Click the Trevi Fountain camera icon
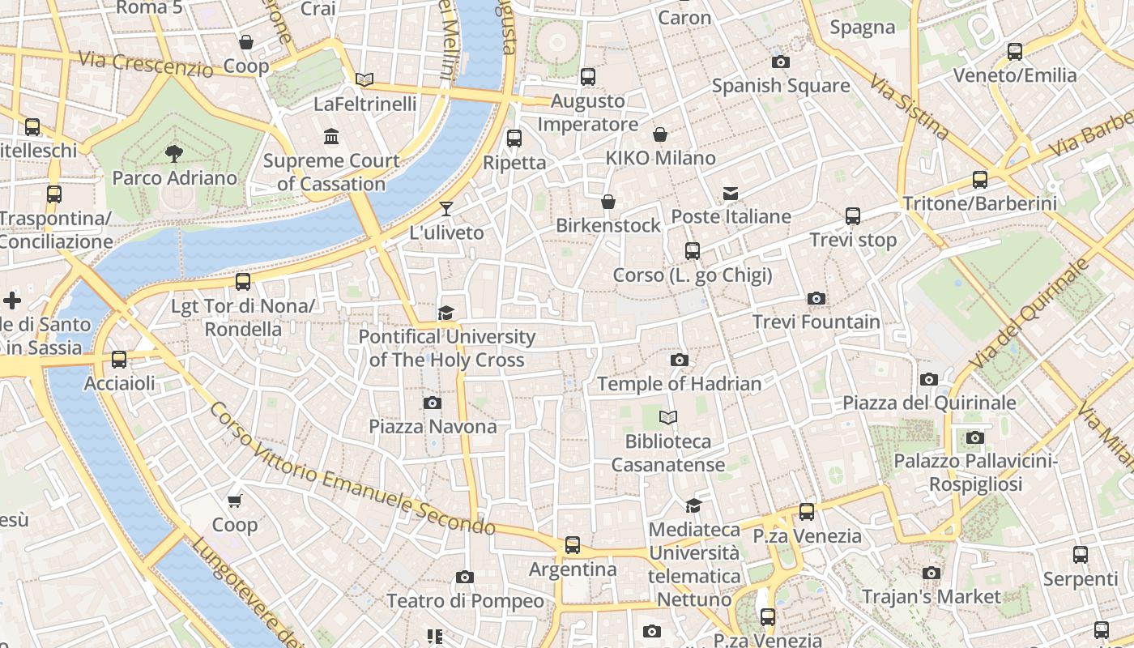point(816,299)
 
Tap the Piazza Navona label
point(433,426)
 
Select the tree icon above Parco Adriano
point(173,153)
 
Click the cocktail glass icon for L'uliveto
point(446,209)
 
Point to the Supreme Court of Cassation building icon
point(331,136)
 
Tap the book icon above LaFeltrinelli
point(364,79)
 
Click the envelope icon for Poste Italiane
point(731,193)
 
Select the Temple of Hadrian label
point(679,384)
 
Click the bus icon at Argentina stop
point(573,545)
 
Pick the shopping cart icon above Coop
point(235,501)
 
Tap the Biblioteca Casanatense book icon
point(668,418)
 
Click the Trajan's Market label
point(932,597)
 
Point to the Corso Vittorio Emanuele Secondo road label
point(352,469)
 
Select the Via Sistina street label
point(909,106)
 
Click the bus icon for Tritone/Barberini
point(980,180)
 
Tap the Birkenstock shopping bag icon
point(608,202)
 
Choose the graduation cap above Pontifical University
point(446,313)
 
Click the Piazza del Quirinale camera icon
point(929,379)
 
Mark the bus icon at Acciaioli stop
point(119,360)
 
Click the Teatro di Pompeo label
point(465,601)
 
